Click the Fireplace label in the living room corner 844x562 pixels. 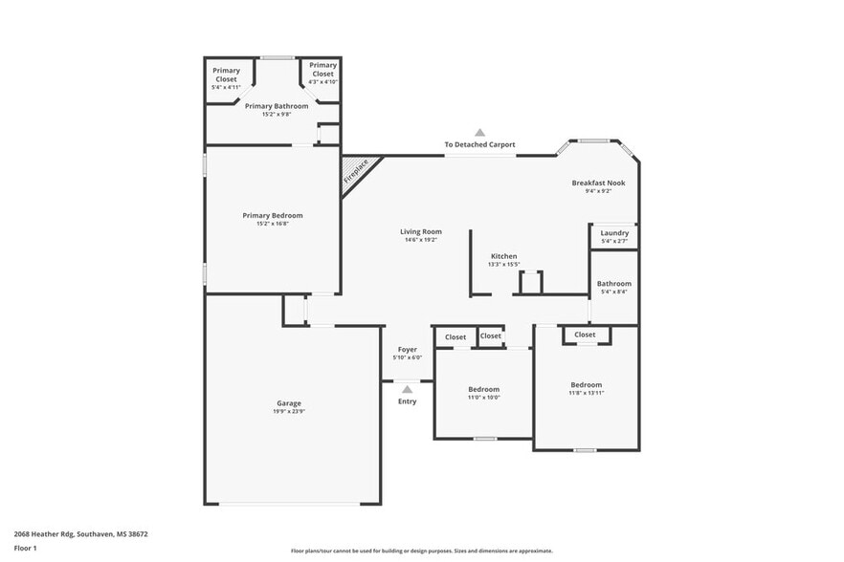[x=356, y=173]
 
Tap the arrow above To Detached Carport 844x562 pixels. [x=479, y=133]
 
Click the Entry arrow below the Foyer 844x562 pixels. [x=407, y=389]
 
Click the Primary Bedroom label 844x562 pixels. [x=273, y=216]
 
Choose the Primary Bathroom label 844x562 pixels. [x=277, y=106]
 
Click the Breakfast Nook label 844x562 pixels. [x=598, y=183]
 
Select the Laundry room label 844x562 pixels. [x=614, y=233]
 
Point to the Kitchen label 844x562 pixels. [x=504, y=256]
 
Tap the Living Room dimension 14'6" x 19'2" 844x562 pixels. [x=420, y=240]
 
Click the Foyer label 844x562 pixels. [x=408, y=350]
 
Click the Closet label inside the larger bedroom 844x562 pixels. [x=586, y=335]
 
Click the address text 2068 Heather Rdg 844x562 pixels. [x=53, y=534]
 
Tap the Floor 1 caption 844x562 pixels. [x=25, y=548]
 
